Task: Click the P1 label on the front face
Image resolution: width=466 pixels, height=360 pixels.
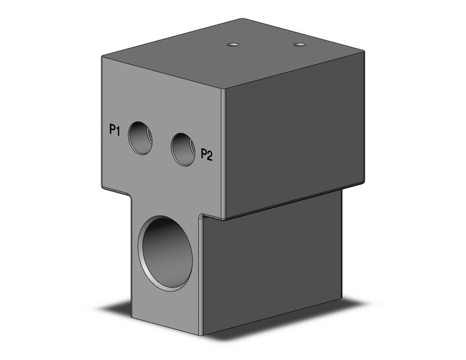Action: (x=114, y=129)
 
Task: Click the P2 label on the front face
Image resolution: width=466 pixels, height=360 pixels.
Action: (x=207, y=155)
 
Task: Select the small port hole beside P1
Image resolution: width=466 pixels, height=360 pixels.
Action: (x=140, y=137)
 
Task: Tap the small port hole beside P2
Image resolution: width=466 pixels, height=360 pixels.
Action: (x=183, y=149)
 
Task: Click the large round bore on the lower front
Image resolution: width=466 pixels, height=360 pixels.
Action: (x=165, y=253)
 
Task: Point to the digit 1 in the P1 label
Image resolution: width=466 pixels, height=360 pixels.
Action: (x=118, y=129)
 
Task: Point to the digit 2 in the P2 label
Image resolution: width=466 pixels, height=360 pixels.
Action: (x=210, y=155)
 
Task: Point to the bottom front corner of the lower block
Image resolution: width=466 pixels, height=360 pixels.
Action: (x=202, y=334)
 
